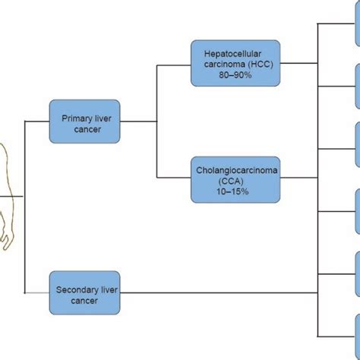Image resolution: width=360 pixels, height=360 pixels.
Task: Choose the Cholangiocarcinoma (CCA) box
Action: (235, 179)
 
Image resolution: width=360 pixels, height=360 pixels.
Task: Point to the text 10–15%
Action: (235, 192)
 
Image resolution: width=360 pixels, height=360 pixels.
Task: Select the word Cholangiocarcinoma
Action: (235, 170)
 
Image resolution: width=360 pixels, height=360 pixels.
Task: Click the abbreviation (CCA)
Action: (235, 182)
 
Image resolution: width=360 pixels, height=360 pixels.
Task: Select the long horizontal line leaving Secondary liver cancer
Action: (220, 292)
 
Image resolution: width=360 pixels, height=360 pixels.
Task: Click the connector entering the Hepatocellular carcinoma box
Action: (173, 65)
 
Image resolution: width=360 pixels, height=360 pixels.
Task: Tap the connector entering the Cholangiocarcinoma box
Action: (173, 179)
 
